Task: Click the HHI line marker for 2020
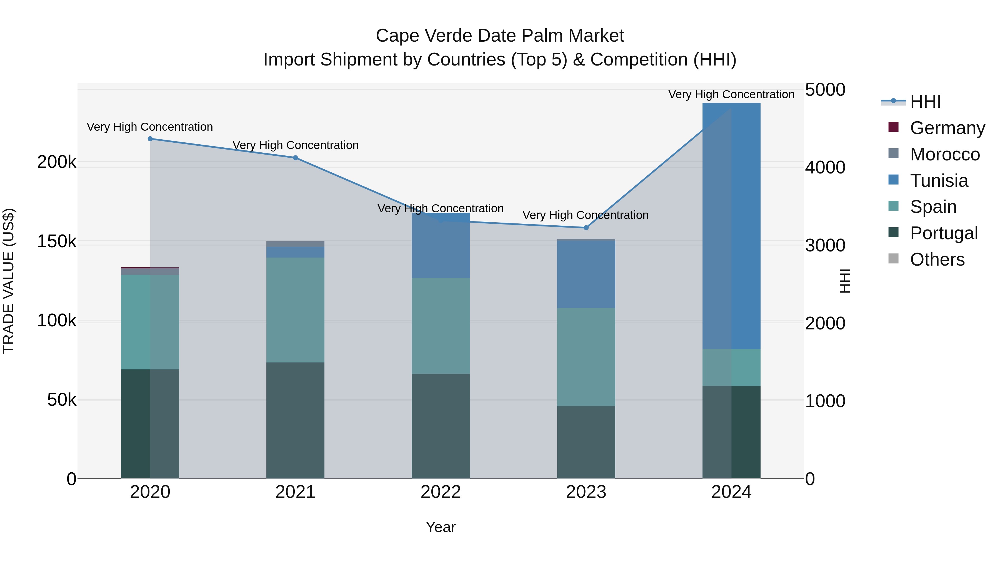[x=150, y=139]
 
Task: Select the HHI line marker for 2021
[x=296, y=158]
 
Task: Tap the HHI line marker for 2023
[x=586, y=228]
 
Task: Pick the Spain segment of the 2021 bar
[x=296, y=310]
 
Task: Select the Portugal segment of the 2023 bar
[x=586, y=442]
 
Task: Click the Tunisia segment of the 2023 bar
[x=586, y=274]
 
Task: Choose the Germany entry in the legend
[x=947, y=128]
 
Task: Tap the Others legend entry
[x=937, y=259]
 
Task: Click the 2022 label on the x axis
[x=441, y=492]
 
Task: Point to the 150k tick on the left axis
[x=57, y=242]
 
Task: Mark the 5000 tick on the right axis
[x=825, y=90]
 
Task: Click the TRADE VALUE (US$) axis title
[x=9, y=281]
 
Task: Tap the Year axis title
[x=441, y=527]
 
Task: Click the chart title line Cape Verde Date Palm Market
[x=500, y=36]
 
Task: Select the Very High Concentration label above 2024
[x=731, y=95]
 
